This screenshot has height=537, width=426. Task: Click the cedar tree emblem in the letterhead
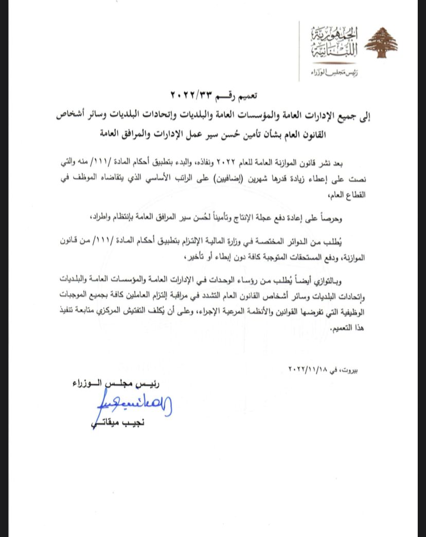[x=381, y=44]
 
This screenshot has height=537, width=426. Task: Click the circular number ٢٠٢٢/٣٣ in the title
[x=192, y=95]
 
